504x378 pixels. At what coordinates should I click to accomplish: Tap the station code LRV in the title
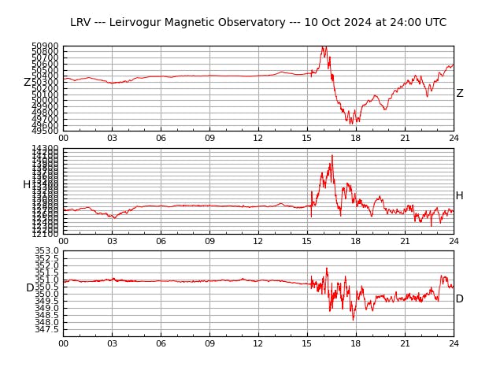pyautogui.click(x=81, y=23)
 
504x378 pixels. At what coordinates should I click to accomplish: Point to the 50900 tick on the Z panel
pyautogui.click(x=46, y=46)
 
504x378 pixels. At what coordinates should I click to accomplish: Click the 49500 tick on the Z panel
pyautogui.click(x=46, y=131)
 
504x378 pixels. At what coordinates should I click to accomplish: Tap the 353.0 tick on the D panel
pyautogui.click(x=46, y=251)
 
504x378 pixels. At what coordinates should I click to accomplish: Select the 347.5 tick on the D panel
pyautogui.click(x=46, y=329)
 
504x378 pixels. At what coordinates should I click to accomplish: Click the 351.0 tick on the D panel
pyautogui.click(x=46, y=280)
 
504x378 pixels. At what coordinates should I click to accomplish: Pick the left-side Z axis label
pyautogui.click(x=27, y=83)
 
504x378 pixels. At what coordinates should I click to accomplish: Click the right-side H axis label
pyautogui.click(x=459, y=196)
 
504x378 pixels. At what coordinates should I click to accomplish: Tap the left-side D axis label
pyautogui.click(x=30, y=288)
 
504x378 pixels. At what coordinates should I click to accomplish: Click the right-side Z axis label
pyautogui.click(x=460, y=94)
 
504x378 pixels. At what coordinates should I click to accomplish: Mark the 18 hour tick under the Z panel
pyautogui.click(x=356, y=139)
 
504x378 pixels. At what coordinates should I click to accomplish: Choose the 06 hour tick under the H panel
pyautogui.click(x=161, y=241)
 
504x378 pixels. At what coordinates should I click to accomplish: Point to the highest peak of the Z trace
pyautogui.click(x=323, y=46)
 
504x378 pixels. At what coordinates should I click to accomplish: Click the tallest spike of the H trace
pyautogui.click(x=332, y=155)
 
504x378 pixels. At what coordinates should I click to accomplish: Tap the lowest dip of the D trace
pyautogui.click(x=353, y=319)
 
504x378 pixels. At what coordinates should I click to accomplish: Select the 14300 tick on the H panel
pyautogui.click(x=46, y=148)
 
